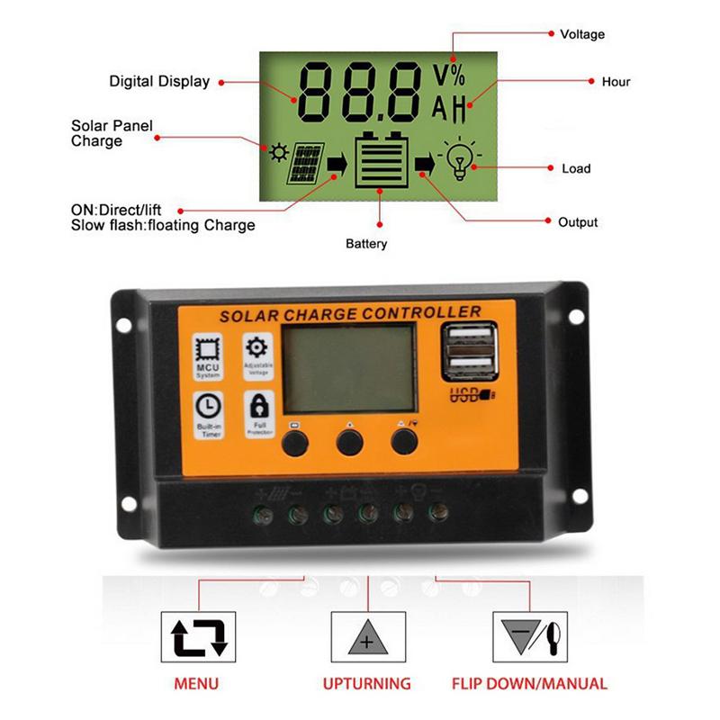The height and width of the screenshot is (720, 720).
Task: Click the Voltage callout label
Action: [582, 34]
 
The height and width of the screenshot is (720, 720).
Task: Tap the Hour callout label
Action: [616, 82]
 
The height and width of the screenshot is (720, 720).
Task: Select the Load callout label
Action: [576, 168]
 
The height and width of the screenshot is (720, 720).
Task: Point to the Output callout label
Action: [578, 222]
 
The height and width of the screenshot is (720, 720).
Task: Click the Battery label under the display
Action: [366, 244]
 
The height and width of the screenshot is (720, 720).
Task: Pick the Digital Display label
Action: [159, 81]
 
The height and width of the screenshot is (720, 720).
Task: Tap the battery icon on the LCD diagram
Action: [380, 162]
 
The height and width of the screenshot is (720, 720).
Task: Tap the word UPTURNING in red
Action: [366, 684]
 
